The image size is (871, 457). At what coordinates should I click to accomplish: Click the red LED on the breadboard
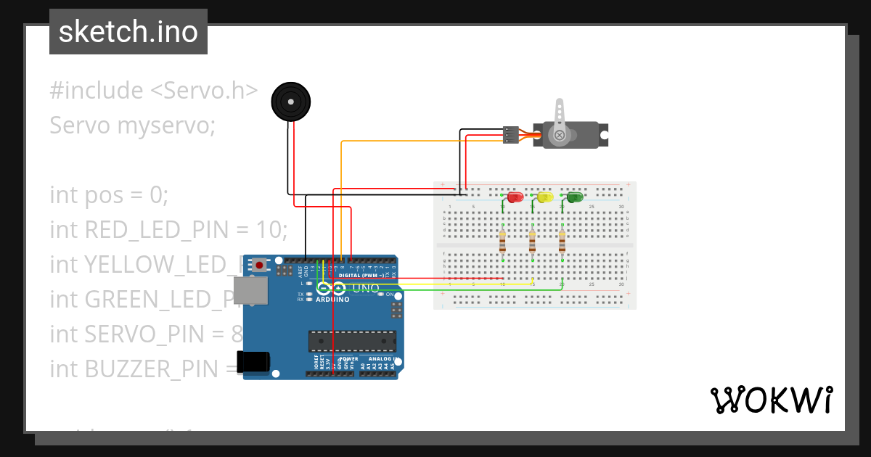pos(515,197)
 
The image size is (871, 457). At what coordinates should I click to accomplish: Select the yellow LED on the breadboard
pos(544,197)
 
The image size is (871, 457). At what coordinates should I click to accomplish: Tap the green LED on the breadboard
pos(574,197)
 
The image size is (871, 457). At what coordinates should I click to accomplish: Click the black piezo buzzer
pos(291,102)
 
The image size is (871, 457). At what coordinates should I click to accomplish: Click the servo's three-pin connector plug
pos(511,135)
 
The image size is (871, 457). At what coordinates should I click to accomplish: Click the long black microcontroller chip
pos(352,341)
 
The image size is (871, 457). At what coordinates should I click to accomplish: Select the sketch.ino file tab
pos(128,32)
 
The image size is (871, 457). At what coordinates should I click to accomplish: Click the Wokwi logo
pos(771,400)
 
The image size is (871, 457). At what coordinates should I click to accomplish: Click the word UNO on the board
pos(366,288)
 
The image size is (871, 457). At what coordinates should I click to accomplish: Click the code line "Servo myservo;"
pos(133,125)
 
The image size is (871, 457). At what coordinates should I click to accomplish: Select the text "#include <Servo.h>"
pos(154,91)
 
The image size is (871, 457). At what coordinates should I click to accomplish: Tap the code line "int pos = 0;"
pos(109,195)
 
